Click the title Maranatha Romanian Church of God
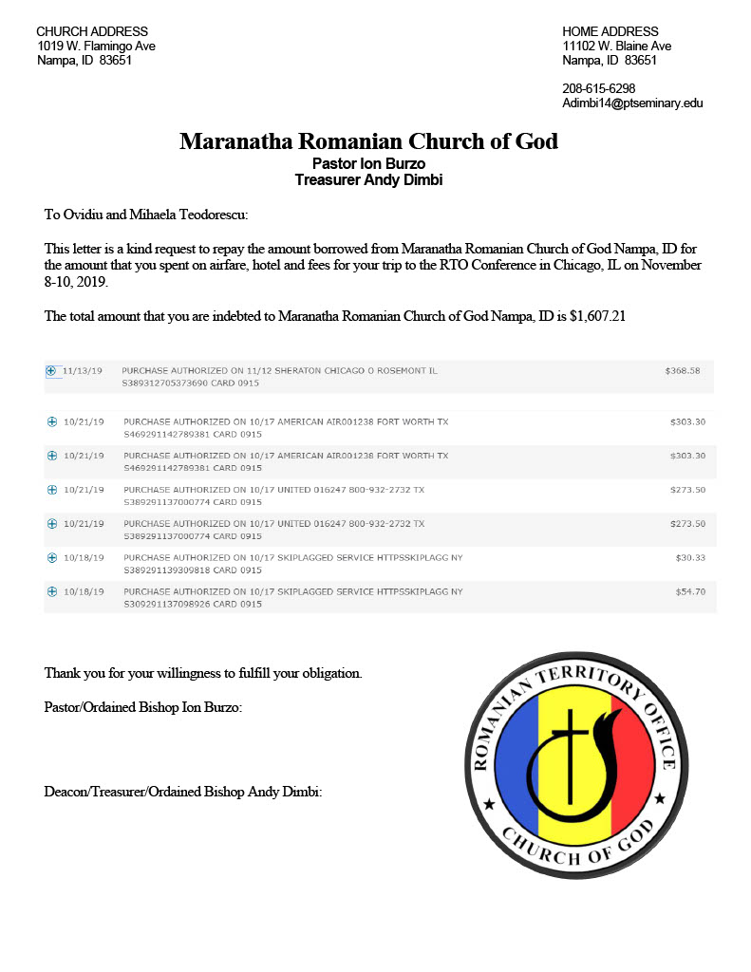[368, 142]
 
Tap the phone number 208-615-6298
[598, 89]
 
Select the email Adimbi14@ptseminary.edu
[632, 103]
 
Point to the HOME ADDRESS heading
[610, 31]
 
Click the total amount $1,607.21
[597, 316]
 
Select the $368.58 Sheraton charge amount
[682, 370]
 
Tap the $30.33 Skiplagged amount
[689, 557]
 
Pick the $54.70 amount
[689, 591]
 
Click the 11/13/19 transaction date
[83, 370]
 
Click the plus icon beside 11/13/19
[51, 371]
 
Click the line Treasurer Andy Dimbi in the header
[368, 179]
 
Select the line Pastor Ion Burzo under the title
[368, 163]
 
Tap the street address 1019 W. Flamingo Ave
[96, 46]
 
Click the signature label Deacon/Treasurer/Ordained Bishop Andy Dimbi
[183, 791]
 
